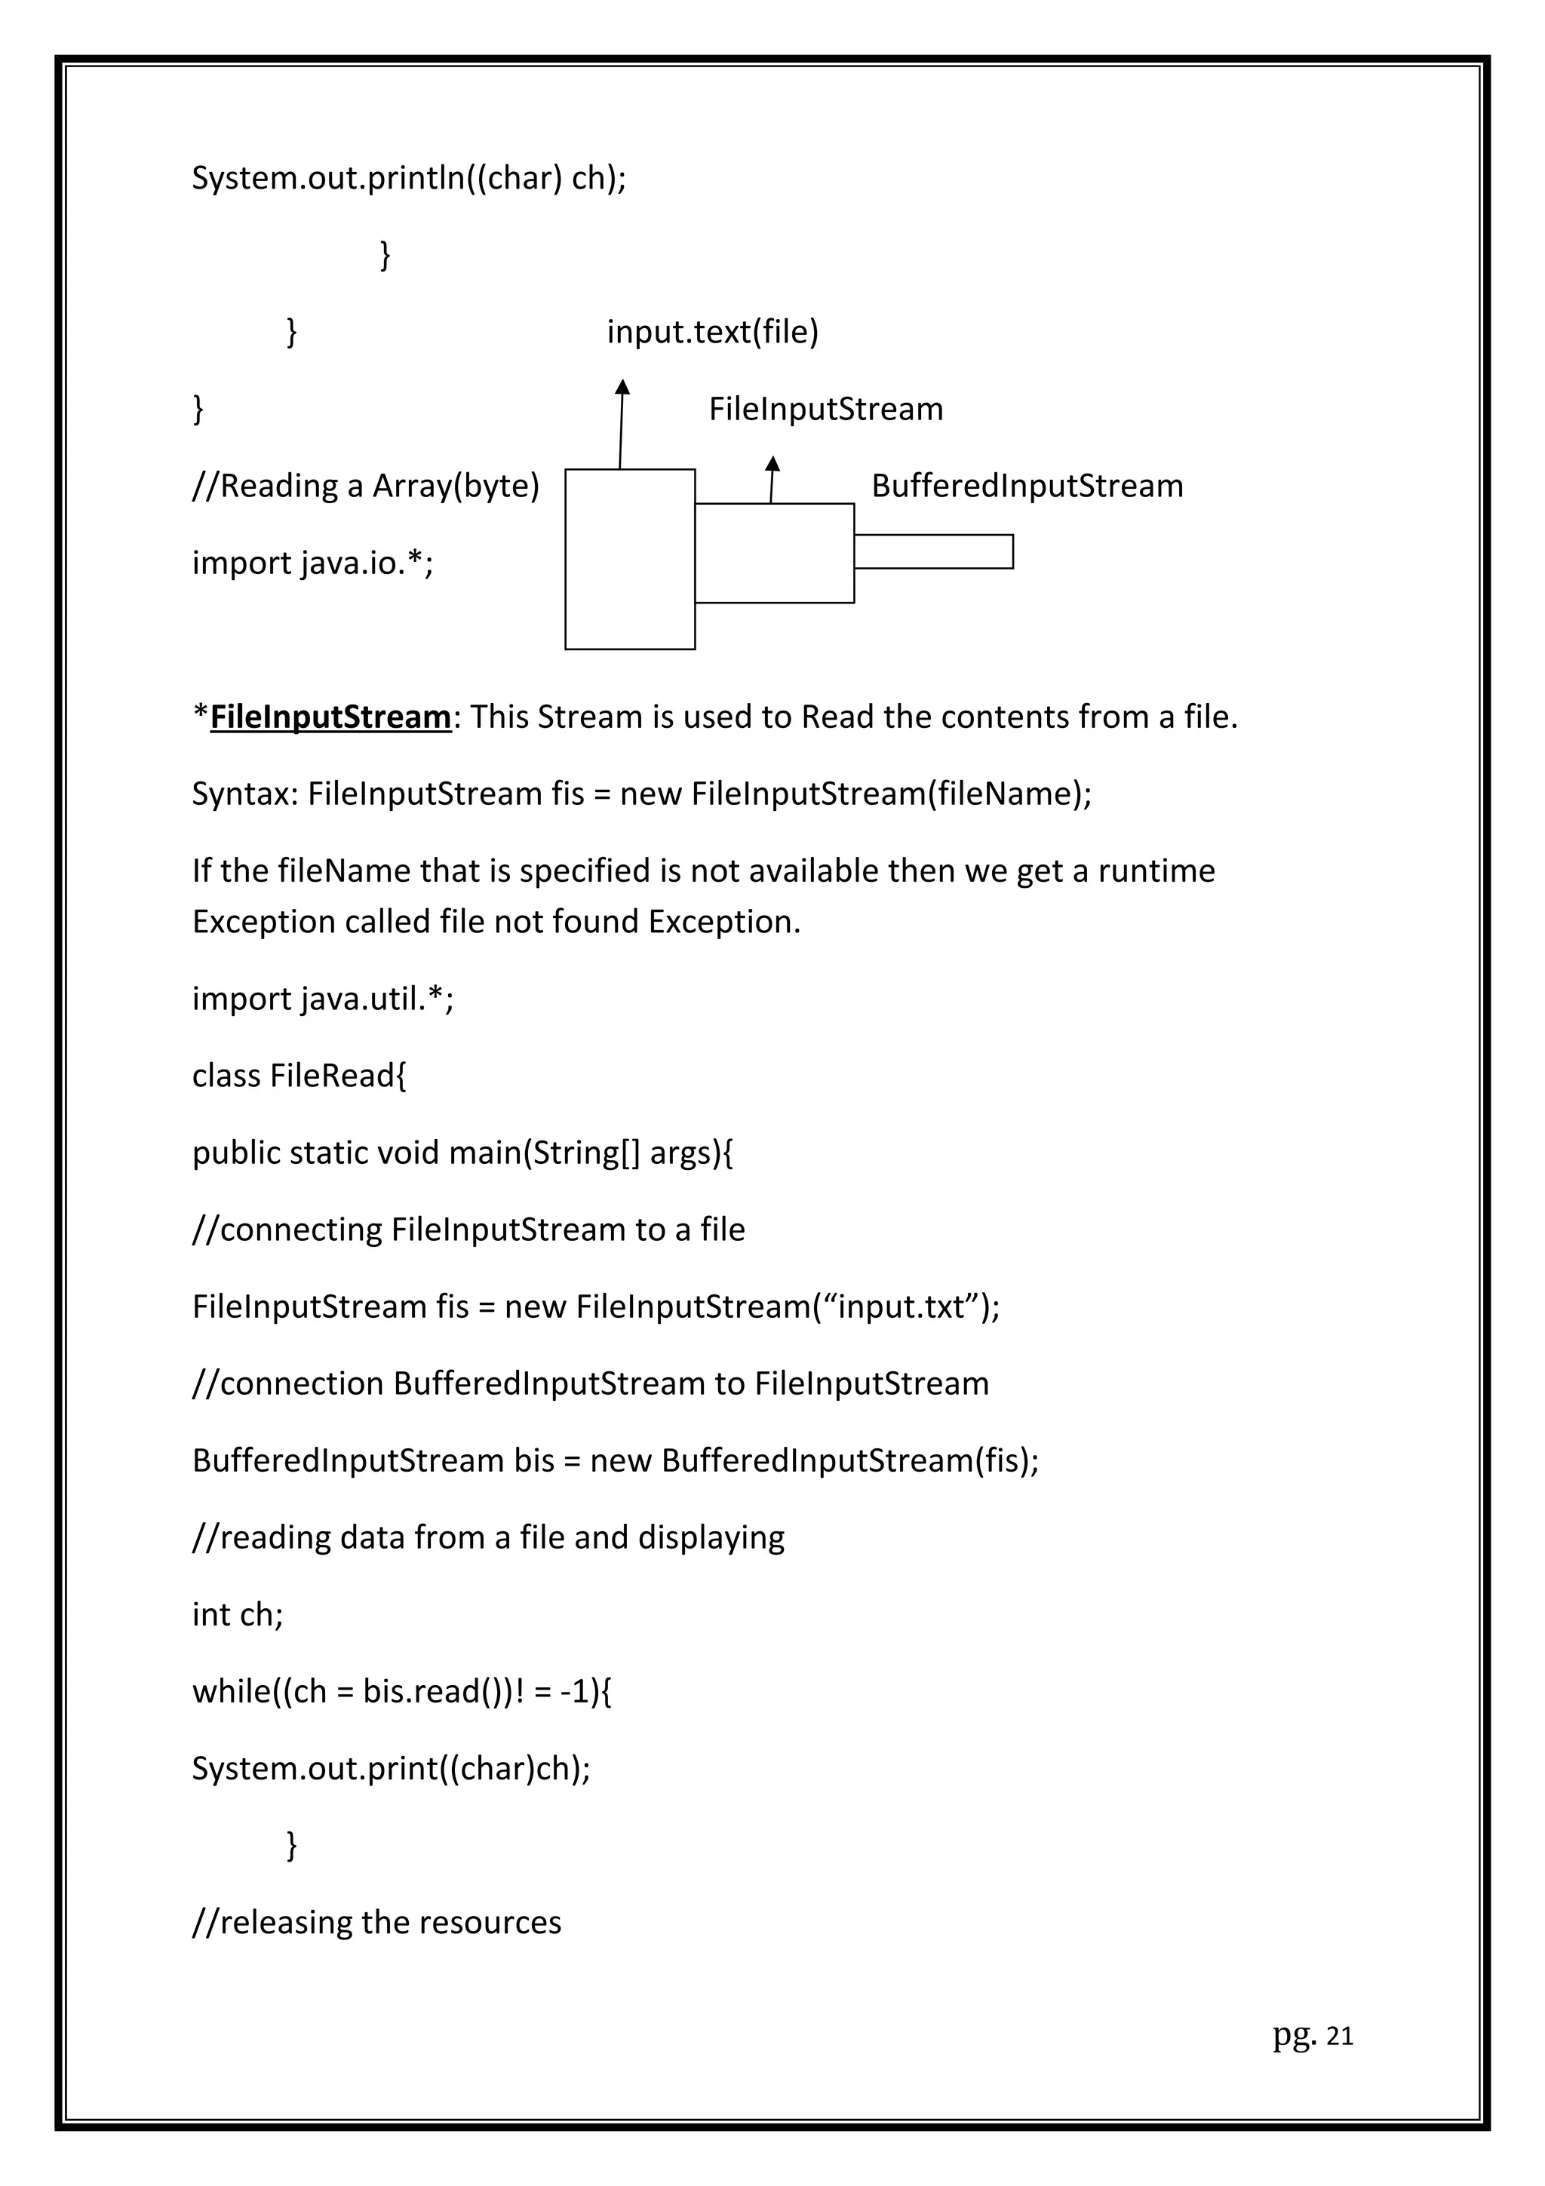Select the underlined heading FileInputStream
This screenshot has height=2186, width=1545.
[x=330, y=717]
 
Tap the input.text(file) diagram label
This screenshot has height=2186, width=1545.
[x=712, y=333]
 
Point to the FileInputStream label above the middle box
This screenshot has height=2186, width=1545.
[x=825, y=410]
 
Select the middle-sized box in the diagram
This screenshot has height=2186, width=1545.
[x=774, y=553]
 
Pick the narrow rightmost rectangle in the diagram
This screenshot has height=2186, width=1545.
[x=933, y=552]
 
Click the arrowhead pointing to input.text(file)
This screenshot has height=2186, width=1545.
[x=622, y=386]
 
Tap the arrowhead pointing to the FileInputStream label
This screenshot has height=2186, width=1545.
[x=773, y=464]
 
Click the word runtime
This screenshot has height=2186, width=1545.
[x=1156, y=871]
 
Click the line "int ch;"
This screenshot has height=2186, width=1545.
[x=238, y=1615]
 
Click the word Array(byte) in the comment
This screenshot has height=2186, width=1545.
[x=455, y=487]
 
